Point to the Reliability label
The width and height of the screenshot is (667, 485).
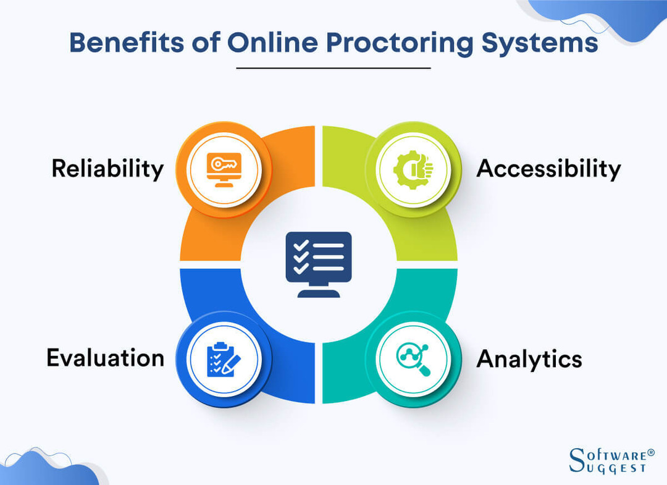tap(107, 168)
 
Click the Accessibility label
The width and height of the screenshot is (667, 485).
tap(548, 168)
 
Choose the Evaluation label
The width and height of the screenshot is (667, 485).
tap(105, 358)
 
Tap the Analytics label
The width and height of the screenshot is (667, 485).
tap(529, 358)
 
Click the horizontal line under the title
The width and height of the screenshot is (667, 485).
tap(333, 67)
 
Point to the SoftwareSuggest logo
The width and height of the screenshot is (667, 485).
tap(608, 460)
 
